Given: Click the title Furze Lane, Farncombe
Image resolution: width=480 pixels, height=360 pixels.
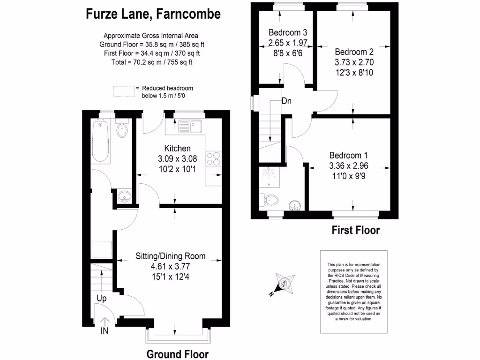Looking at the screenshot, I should point(153,14).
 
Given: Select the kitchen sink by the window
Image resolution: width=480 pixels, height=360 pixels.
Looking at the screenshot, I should point(190,126).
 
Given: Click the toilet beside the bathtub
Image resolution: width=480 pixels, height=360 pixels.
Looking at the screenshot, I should point(123,130).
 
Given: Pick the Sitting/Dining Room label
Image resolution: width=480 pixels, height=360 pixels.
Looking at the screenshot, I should point(171,256).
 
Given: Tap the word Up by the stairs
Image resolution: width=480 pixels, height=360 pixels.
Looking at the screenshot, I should point(102,298).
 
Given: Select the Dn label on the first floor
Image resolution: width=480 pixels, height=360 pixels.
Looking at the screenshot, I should point(287,101).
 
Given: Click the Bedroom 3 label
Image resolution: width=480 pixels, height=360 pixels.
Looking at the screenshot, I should point(288,32).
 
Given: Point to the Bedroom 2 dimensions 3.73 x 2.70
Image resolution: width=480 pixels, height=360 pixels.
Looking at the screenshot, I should point(354,62).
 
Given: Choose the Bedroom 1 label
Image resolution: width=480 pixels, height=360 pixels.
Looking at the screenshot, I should point(348,156).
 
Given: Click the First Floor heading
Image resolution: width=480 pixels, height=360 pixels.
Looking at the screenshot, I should point(355,230).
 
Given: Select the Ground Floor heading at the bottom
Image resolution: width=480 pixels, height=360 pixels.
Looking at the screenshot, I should point(178,354).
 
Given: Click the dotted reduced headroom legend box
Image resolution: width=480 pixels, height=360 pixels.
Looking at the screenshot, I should point(123,91).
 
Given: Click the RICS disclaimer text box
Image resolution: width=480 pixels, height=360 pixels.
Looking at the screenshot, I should point(354,292).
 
